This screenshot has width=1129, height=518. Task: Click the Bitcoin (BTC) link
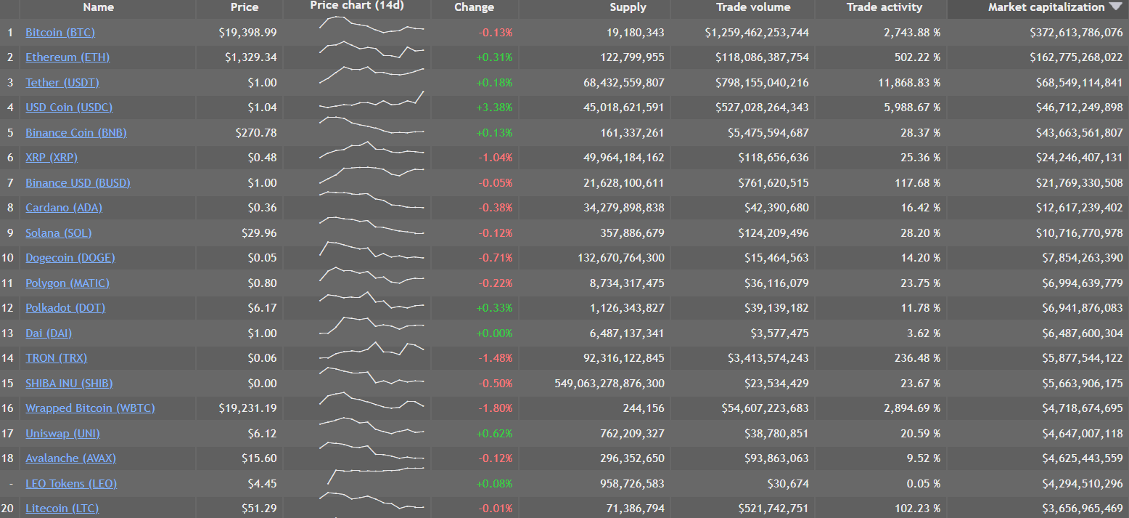pyautogui.click(x=60, y=33)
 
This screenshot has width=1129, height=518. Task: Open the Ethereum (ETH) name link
pyautogui.click(x=67, y=57)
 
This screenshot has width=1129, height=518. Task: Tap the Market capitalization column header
pyautogui.click(x=1046, y=7)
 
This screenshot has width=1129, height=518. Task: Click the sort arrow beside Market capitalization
pyautogui.click(x=1115, y=7)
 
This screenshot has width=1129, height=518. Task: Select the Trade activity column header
pyautogui.click(x=884, y=7)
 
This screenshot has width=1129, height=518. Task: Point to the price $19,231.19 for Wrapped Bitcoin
pyautogui.click(x=247, y=408)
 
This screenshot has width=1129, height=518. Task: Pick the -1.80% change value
pyautogui.click(x=495, y=408)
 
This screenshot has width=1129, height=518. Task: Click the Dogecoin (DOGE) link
pyautogui.click(x=70, y=258)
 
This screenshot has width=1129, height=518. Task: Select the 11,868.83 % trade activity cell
pyautogui.click(x=909, y=83)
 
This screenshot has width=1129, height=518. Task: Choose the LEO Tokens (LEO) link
pyautogui.click(x=71, y=484)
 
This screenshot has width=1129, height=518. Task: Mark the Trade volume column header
pyautogui.click(x=753, y=7)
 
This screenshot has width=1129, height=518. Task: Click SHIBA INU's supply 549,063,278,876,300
pyautogui.click(x=609, y=384)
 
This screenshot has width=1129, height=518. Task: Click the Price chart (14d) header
pyautogui.click(x=357, y=6)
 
